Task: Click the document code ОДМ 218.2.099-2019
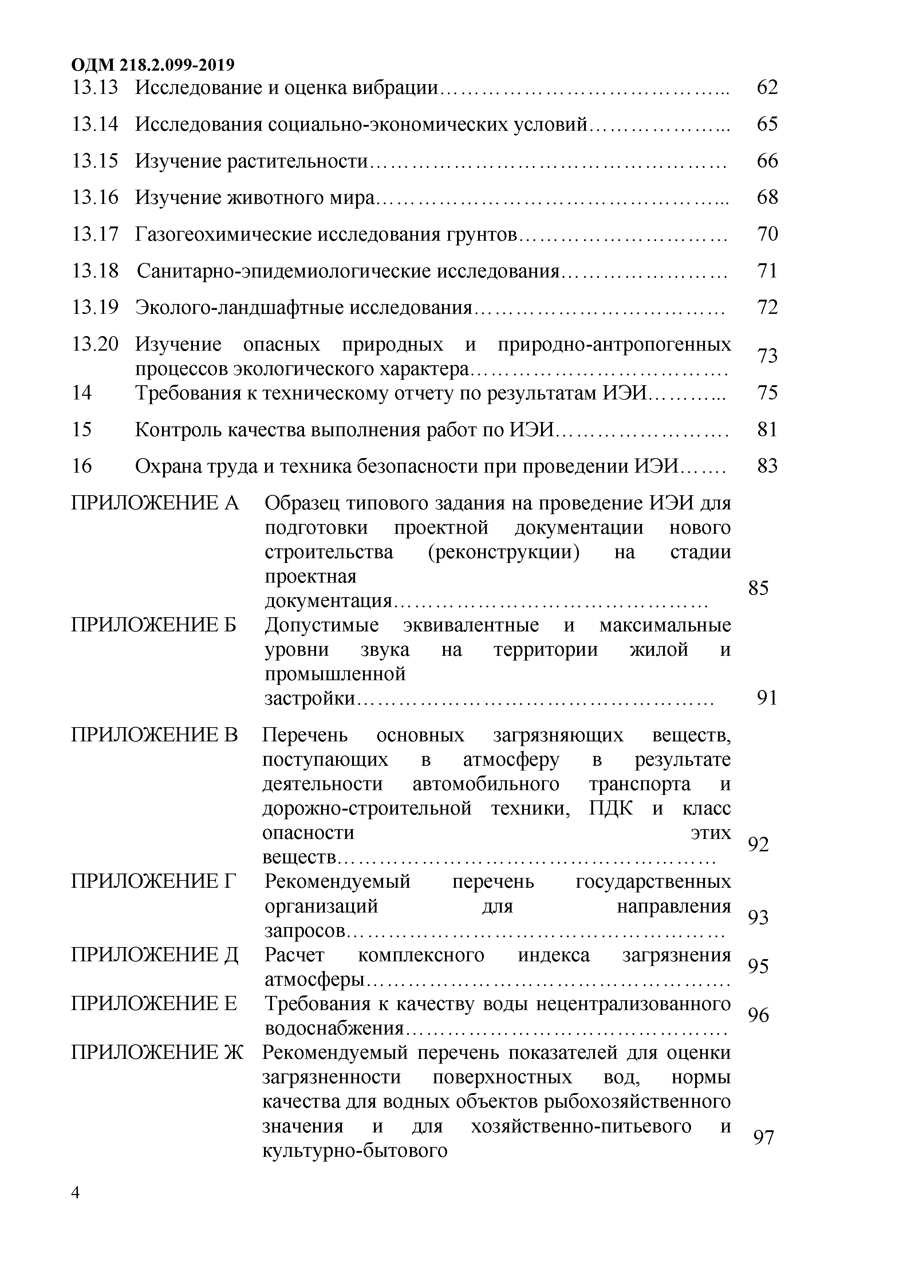(153, 65)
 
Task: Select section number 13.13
(95, 87)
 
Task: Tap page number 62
(767, 87)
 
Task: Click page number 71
(767, 271)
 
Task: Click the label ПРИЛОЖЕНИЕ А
(155, 503)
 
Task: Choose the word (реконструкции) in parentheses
(503, 552)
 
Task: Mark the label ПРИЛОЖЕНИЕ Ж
(157, 1052)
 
